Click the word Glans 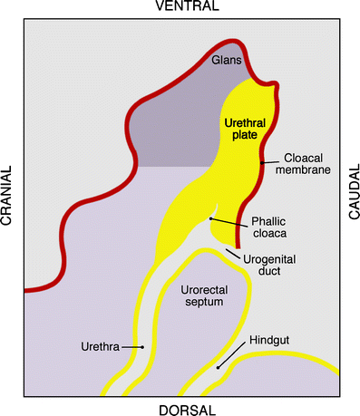point(228,60)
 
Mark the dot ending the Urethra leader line point(142,347)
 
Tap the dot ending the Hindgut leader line point(219,368)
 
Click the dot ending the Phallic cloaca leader point(210,218)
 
